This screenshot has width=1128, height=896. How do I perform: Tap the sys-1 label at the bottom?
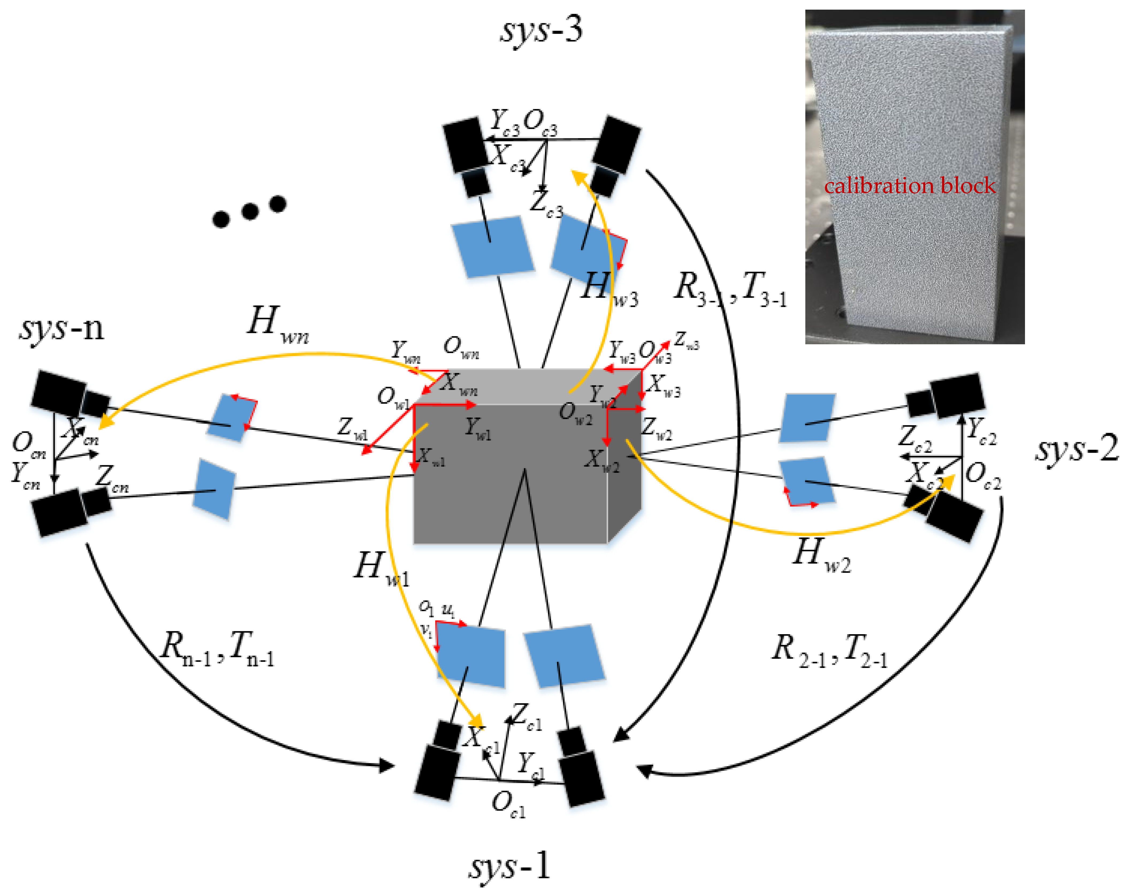tap(509, 866)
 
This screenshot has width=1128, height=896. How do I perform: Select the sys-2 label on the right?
tap(1077, 449)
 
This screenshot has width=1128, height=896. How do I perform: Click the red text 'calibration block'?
tap(909, 186)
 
